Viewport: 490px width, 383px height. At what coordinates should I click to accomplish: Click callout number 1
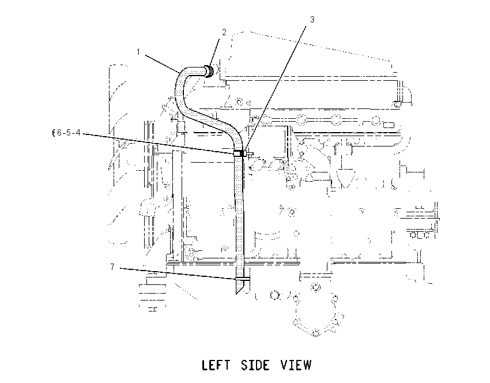coord(138,52)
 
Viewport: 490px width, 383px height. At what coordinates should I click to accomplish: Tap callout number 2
coord(224,32)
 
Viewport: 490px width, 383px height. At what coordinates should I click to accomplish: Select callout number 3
coord(312,20)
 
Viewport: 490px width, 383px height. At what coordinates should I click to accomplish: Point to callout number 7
coord(112,267)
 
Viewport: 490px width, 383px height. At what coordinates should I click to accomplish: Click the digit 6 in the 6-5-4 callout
coord(59,133)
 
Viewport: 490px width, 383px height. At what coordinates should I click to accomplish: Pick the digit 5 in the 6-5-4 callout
coord(69,133)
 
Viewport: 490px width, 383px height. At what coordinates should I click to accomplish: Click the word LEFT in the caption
coord(216,365)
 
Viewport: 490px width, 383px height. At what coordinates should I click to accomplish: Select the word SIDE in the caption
coord(255,365)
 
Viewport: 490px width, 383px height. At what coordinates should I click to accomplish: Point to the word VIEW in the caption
coord(296,365)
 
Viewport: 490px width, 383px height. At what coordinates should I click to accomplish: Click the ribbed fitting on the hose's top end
coord(209,72)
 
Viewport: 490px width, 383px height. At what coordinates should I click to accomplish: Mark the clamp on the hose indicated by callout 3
coord(239,153)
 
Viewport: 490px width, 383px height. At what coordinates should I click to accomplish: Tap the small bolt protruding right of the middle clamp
coord(249,153)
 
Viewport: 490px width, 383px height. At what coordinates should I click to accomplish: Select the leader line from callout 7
coord(178,273)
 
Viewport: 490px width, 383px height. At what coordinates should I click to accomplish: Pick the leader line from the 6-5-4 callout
coord(159,144)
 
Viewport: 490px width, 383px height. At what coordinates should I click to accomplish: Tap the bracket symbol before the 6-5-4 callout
coord(54,133)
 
